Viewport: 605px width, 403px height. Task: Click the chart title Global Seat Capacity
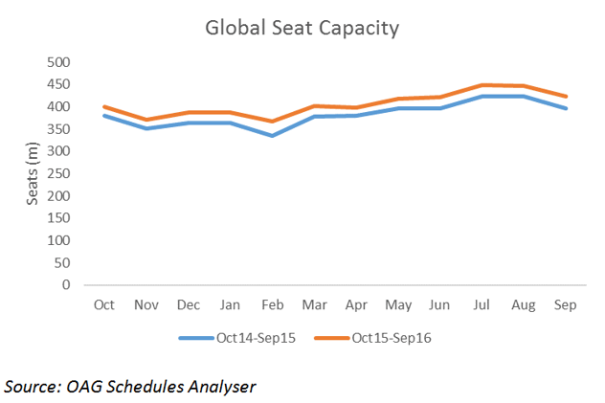302,29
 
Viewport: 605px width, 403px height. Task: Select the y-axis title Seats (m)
34,172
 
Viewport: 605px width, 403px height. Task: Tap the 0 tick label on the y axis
66,285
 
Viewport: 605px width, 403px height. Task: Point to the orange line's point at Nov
146,120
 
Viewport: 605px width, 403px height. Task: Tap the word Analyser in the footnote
221,387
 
